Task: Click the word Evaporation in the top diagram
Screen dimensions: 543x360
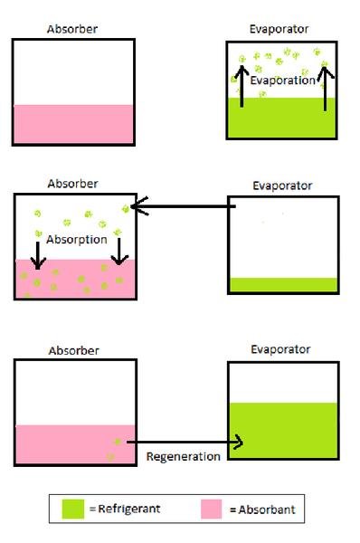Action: [x=283, y=81]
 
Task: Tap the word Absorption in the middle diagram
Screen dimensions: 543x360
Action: [x=79, y=240]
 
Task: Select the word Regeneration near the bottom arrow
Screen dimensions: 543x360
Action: [x=183, y=456]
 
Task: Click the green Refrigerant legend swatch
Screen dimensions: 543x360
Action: [x=73, y=509]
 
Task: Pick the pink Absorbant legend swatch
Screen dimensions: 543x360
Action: [x=213, y=509]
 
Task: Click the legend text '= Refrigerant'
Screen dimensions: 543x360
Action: [x=125, y=509]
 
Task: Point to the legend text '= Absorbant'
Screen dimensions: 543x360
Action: [x=262, y=510]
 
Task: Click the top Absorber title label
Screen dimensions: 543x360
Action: [x=72, y=29]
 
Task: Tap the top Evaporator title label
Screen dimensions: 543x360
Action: [x=279, y=29]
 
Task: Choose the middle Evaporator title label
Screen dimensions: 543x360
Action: [x=282, y=186]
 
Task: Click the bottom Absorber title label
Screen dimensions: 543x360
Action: [x=72, y=350]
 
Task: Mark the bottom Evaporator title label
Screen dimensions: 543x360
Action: [x=280, y=349]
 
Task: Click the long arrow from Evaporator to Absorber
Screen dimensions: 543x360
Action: [x=185, y=207]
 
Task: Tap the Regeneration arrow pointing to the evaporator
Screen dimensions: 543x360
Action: [x=185, y=443]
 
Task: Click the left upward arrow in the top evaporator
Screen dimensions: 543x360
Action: [x=242, y=87]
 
